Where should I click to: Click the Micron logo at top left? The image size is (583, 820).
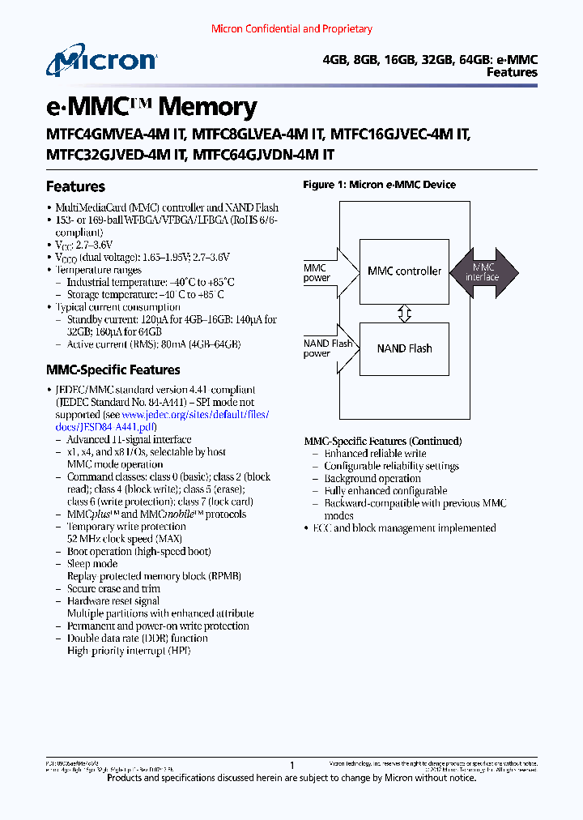pyautogui.click(x=100, y=62)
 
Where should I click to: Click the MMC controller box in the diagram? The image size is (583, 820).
pyautogui.click(x=404, y=271)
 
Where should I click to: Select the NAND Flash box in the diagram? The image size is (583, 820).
pyautogui.click(x=404, y=348)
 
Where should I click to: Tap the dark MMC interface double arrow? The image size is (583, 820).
pyautogui.click(x=485, y=271)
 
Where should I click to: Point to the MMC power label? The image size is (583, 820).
pyautogui.click(x=317, y=273)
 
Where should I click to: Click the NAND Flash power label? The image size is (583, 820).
pyautogui.click(x=328, y=348)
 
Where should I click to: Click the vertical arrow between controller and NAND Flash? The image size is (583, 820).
pyautogui.click(x=405, y=312)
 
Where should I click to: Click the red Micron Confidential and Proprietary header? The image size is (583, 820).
pyautogui.click(x=291, y=29)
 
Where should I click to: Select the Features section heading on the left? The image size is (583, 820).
pyautogui.click(x=75, y=186)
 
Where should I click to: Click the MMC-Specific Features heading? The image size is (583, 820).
pyautogui.click(x=113, y=369)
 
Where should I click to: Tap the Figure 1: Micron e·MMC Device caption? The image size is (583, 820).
pyautogui.click(x=379, y=185)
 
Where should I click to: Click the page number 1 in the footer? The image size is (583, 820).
pyautogui.click(x=292, y=764)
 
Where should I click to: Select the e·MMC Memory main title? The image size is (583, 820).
pyautogui.click(x=151, y=106)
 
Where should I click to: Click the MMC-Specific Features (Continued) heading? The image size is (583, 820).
pyautogui.click(x=383, y=442)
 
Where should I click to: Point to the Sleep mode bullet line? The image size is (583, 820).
pyautogui.click(x=92, y=564)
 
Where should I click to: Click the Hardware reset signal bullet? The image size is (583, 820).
pyautogui.click(x=113, y=601)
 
